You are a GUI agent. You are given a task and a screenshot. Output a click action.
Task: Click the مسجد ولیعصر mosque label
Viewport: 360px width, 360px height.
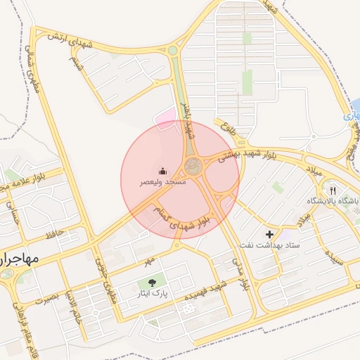[x=162, y=182]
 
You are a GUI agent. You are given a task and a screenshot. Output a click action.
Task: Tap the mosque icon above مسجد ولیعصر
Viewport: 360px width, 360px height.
[x=162, y=171]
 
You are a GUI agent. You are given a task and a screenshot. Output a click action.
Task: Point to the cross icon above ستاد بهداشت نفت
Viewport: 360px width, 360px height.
[x=269, y=233]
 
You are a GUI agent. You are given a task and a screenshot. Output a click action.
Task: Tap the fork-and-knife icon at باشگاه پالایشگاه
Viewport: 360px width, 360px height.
[x=333, y=190]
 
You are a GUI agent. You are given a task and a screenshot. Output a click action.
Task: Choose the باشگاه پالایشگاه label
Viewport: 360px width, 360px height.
[x=333, y=201]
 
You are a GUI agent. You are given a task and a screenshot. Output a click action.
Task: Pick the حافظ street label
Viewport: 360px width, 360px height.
[x=54, y=233]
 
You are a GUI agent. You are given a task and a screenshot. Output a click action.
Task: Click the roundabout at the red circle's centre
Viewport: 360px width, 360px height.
[x=192, y=167]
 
